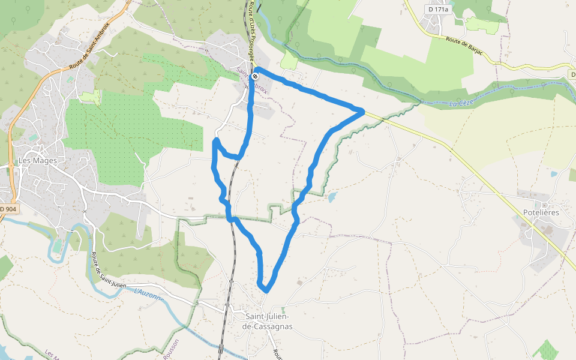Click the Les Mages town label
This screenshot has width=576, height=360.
pos(35,161)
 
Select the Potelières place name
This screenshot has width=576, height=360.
pos(541,212)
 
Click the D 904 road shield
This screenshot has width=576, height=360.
pos(9,209)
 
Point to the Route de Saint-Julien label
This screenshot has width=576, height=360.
pos(109,271)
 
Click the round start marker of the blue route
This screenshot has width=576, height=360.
pos(256,76)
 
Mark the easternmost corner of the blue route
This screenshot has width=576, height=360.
pos(363,110)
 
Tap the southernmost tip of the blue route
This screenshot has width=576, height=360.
pos(265,291)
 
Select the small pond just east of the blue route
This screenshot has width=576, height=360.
pos(332,196)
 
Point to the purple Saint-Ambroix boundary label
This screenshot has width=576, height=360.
pos(253,80)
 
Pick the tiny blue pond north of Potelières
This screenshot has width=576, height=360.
pos(553,174)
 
